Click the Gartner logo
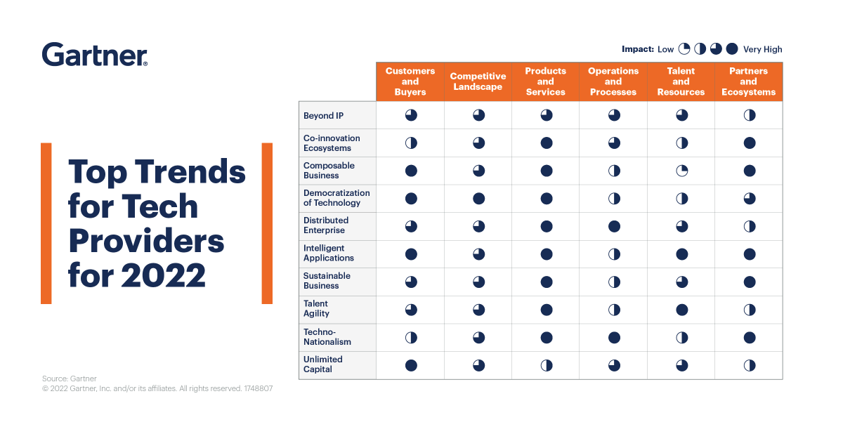click(x=95, y=55)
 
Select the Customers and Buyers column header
click(x=410, y=81)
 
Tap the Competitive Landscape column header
click(x=478, y=81)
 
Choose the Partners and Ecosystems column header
click(x=748, y=81)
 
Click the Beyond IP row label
click(x=323, y=116)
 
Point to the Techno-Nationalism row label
click(x=327, y=337)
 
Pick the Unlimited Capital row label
click(x=323, y=364)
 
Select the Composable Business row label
click(x=329, y=171)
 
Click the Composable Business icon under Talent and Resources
click(x=681, y=171)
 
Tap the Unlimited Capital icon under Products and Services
click(x=546, y=365)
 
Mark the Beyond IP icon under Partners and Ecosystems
click(x=749, y=115)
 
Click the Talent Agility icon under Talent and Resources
click(x=681, y=310)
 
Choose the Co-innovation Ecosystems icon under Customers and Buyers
click(x=411, y=143)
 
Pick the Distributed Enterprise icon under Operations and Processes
click(x=613, y=226)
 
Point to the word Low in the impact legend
click(x=665, y=49)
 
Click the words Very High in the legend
click(x=762, y=49)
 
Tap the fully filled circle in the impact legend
click(x=732, y=49)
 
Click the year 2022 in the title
click(x=164, y=275)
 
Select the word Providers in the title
click(x=146, y=241)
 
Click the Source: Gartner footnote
click(x=70, y=379)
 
